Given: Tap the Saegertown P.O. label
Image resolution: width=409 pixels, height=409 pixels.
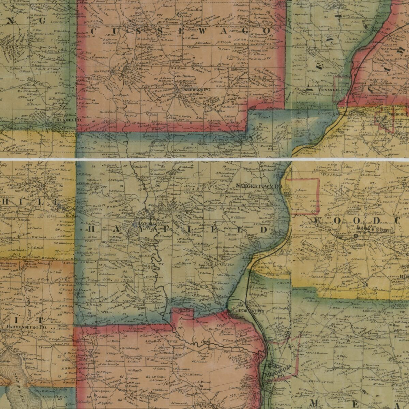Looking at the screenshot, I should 259,186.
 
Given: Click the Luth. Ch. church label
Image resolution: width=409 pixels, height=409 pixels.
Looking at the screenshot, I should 208,264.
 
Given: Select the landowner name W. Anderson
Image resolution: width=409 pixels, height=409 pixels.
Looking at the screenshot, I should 186,239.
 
